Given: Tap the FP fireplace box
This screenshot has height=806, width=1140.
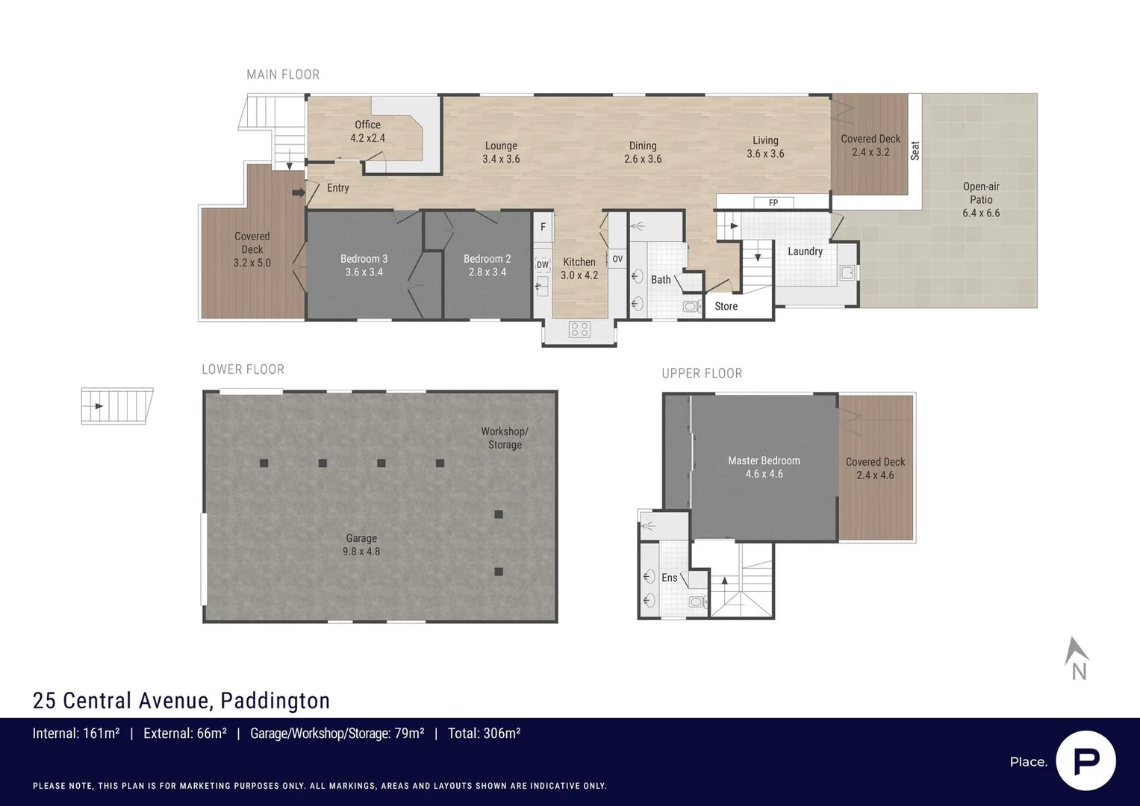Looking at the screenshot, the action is (x=773, y=202).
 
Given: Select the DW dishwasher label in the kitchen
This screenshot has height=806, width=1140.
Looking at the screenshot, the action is (x=543, y=265).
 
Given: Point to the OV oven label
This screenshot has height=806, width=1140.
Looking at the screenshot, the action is (x=617, y=259).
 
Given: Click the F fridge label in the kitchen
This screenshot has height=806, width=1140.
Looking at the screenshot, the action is (x=543, y=227).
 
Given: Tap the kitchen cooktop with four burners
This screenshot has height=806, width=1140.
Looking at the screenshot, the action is (x=579, y=329).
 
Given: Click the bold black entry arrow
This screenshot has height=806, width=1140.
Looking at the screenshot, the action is (x=299, y=193).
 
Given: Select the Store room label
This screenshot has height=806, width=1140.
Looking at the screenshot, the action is (x=726, y=306).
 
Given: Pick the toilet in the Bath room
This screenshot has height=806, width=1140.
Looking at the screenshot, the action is (x=691, y=306).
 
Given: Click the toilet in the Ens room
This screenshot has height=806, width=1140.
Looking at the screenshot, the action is (x=698, y=602).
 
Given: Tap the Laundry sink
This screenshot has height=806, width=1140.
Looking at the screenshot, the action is (x=847, y=272).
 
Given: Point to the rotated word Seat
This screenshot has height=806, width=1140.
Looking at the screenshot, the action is (x=915, y=151).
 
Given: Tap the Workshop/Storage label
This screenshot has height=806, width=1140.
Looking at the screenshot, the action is (x=505, y=438).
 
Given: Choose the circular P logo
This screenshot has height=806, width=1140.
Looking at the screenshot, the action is (x=1086, y=761).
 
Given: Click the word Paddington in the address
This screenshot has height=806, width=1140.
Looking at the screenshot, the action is (x=275, y=701).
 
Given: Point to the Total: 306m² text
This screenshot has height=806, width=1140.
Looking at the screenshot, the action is (x=484, y=733).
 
